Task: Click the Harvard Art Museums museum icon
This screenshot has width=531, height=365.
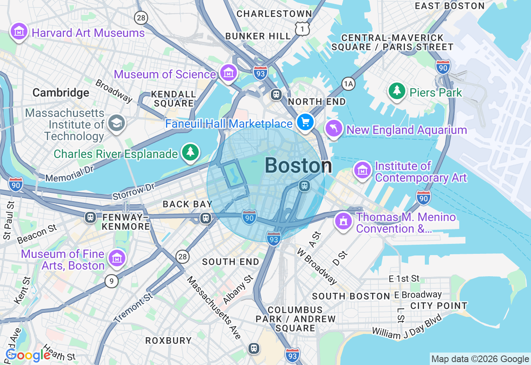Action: point(19,32)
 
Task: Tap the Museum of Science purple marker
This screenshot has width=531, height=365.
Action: point(228,73)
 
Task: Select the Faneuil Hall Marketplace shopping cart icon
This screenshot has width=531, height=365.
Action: point(305,122)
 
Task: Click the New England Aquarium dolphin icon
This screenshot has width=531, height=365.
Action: point(334,129)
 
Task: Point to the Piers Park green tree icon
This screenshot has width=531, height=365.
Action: point(397,91)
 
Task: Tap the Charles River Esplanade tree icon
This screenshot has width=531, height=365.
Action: point(190,152)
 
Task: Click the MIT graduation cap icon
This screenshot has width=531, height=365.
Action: point(116,123)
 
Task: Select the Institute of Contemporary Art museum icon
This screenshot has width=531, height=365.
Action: point(363,170)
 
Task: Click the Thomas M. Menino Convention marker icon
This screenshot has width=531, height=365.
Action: point(343,221)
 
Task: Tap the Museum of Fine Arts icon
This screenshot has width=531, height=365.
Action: point(117,258)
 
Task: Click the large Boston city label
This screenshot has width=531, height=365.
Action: point(298,166)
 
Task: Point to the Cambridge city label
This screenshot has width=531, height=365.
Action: point(61,92)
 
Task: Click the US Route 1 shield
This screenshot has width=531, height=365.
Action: point(302,29)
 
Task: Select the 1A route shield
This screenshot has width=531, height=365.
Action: point(348,84)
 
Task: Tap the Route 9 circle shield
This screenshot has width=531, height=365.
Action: point(111,282)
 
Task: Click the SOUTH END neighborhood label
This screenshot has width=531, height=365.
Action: point(231,262)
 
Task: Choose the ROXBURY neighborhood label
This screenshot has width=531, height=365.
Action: point(168,341)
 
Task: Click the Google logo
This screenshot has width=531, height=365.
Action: point(28,355)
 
